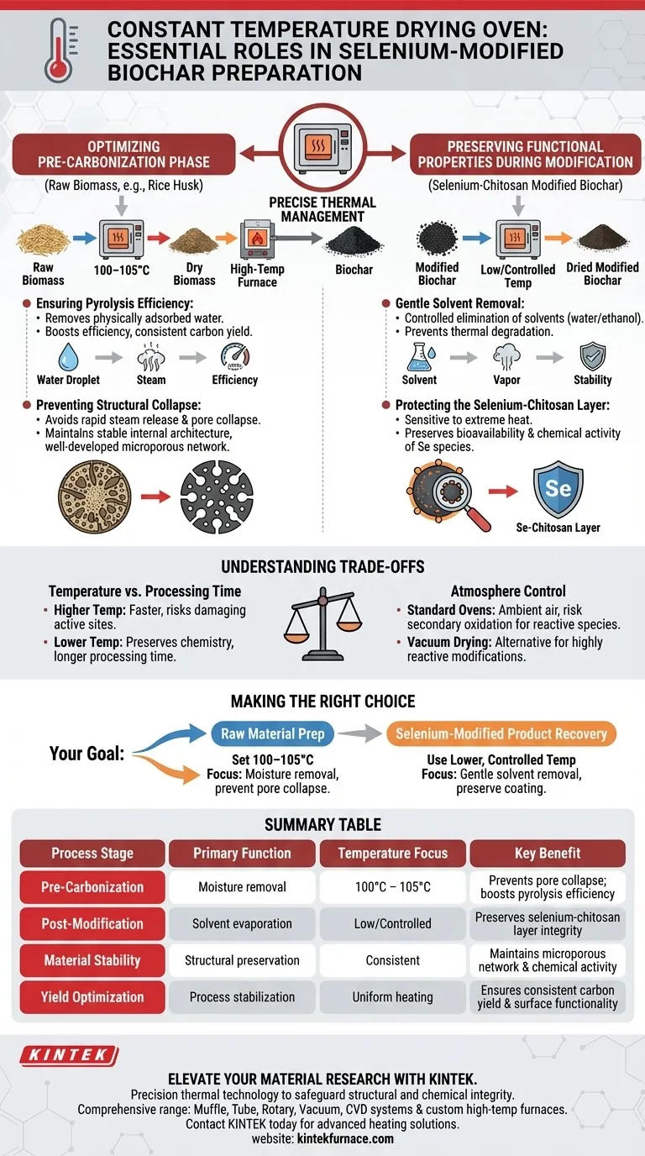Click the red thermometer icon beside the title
pos(55,50)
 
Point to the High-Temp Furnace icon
pos(257,242)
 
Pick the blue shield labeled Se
pos(558,488)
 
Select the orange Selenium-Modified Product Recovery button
pos(501,733)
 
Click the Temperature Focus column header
pos(392,854)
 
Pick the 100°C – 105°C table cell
pos(392,887)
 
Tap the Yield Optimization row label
pos(92,997)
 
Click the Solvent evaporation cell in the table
pos(242,923)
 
